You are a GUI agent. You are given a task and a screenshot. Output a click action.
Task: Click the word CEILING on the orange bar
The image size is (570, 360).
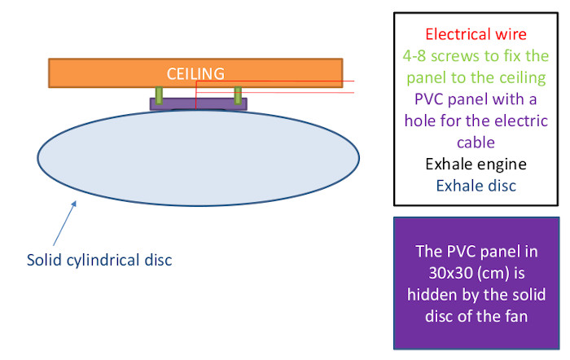click(195, 74)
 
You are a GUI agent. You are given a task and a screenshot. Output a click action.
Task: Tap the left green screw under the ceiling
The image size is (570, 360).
click(159, 95)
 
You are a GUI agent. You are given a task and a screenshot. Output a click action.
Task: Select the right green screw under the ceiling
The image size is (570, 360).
click(238, 95)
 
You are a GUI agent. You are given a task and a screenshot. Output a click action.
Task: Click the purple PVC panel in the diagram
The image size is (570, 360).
click(199, 104)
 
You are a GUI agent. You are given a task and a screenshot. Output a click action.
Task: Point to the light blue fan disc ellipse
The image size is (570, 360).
click(199, 158)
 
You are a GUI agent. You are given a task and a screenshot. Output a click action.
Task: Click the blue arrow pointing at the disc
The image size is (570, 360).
click(64, 223)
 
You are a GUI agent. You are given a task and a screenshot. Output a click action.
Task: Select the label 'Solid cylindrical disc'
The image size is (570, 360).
click(99, 260)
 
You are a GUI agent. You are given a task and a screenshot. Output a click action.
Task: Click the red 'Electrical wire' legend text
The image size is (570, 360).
click(476, 34)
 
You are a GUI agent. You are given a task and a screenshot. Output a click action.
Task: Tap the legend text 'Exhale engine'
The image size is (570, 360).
click(476, 165)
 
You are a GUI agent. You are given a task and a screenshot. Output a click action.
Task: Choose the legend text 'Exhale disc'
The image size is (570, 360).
click(476, 186)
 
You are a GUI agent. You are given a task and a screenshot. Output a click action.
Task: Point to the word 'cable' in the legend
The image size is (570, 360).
click(476, 143)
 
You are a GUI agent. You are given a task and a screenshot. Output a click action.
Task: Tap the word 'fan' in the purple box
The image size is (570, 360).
click(515, 316)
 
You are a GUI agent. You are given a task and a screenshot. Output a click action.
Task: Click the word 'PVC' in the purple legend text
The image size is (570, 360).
click(429, 99)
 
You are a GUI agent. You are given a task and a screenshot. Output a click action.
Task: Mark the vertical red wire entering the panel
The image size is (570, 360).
click(196, 95)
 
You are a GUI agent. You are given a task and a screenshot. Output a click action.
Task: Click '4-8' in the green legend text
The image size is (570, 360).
click(414, 56)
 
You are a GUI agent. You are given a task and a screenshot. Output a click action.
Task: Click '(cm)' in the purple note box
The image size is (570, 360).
click(489, 274)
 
